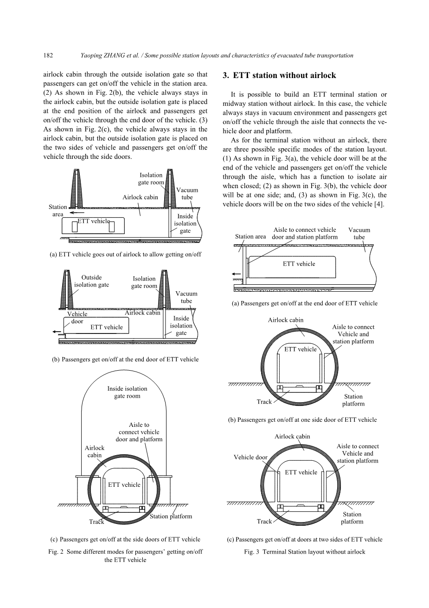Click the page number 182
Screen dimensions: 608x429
[x=48, y=55]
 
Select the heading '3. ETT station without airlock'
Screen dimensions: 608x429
[x=279, y=75]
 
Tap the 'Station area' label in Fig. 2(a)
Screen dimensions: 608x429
[x=58, y=210]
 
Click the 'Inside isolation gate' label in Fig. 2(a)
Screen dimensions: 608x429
[x=185, y=223]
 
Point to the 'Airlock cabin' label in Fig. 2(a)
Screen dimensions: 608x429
[x=140, y=197]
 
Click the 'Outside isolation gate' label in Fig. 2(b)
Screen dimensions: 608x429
[x=91, y=281]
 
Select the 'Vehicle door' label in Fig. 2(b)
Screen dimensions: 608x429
[x=77, y=318]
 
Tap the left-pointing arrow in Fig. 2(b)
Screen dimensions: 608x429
[x=58, y=332]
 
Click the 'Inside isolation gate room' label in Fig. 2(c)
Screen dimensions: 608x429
[x=127, y=392]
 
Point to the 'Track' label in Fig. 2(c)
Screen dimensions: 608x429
[x=96, y=522]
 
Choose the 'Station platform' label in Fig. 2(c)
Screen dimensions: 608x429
[x=171, y=516]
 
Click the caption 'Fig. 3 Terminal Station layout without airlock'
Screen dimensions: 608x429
[x=305, y=552]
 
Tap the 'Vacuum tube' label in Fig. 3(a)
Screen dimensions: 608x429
[x=359, y=234]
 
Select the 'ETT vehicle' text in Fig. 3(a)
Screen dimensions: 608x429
[x=299, y=264]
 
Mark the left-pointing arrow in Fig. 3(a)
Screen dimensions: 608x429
[x=237, y=274]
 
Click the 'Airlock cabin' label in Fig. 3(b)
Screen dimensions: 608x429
[x=286, y=320]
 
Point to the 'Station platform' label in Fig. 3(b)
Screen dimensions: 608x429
[x=353, y=400]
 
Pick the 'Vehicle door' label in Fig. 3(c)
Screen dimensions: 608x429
[x=250, y=458]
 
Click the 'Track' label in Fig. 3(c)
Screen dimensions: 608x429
[x=264, y=522]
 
